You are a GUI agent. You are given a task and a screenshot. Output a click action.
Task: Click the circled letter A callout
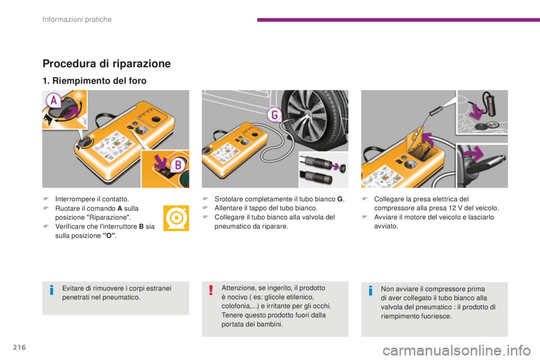pyautogui.click(x=54, y=101)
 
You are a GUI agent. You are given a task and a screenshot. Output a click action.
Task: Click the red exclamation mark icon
pyautogui.click(x=210, y=290)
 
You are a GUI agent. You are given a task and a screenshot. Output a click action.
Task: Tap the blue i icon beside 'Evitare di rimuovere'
pyautogui.click(x=51, y=291)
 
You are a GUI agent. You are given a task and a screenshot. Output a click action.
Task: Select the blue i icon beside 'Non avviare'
pyautogui.click(x=370, y=291)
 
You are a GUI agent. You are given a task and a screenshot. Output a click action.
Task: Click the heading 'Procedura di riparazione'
pyautogui.click(x=106, y=64)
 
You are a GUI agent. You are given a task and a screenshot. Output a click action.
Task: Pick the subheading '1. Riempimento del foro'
pyautogui.click(x=94, y=81)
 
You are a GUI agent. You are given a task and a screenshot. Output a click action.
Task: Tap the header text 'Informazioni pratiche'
pyautogui.click(x=78, y=20)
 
